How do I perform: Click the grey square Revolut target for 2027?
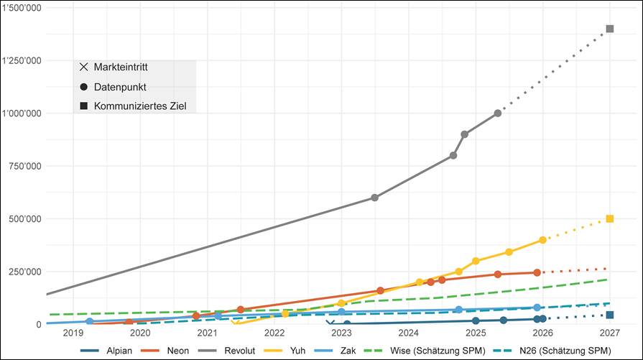(x=610, y=29)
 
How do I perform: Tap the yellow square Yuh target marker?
(x=610, y=218)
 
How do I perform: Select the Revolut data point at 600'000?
(x=374, y=198)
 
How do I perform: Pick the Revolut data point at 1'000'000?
(x=498, y=114)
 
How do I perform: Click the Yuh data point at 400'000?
(x=542, y=240)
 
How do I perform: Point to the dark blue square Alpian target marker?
(x=610, y=315)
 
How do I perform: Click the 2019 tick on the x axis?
(x=73, y=333)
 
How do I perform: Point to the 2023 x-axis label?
(x=341, y=333)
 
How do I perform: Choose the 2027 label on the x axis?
(x=610, y=333)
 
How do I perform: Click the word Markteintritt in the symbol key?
(x=124, y=68)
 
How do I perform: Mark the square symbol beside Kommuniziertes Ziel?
(x=83, y=106)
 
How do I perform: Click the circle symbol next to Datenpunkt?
(x=83, y=87)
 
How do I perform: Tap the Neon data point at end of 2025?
(x=537, y=272)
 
